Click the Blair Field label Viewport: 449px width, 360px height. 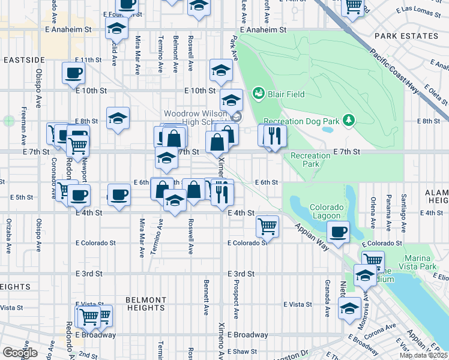(286, 94)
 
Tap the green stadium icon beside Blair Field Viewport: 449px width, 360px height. (259, 94)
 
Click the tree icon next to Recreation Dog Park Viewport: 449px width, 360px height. (347, 121)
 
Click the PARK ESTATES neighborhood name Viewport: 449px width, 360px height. (406, 36)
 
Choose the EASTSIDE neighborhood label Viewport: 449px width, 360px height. (24, 60)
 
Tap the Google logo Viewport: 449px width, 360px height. (20, 352)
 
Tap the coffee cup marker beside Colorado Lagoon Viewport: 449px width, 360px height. (339, 231)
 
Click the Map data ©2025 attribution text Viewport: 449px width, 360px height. (423, 355)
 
